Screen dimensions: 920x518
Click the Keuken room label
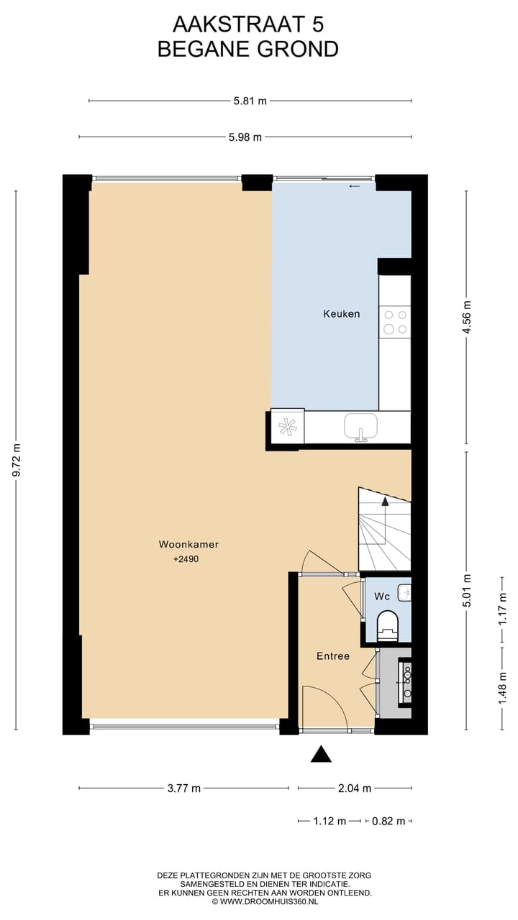341,314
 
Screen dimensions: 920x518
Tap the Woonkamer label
188,545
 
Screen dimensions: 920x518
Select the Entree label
333,656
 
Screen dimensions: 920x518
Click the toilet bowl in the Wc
388,624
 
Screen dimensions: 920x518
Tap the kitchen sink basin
360,426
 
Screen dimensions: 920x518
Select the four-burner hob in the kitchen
395,321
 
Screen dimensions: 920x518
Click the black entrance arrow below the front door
321,754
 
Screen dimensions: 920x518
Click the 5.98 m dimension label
245,137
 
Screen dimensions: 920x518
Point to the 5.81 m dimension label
250,101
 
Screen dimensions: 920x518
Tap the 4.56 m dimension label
468,318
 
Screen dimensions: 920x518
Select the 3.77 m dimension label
183,788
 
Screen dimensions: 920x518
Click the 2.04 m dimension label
355,788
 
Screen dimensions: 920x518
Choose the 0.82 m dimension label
388,821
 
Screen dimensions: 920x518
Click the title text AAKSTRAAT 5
248,25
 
